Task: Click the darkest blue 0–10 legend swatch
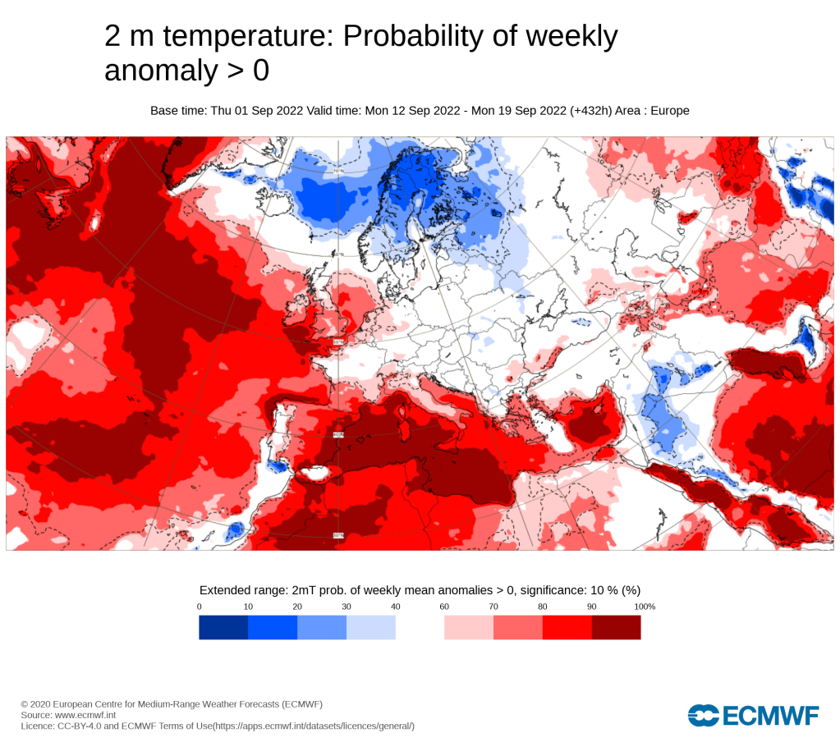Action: tap(223, 627)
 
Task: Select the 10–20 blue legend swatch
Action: tap(273, 627)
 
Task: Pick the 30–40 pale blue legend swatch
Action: tap(371, 627)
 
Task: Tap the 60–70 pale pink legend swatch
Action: tap(469, 627)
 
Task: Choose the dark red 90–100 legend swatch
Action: tap(616, 627)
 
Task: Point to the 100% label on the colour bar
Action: tap(645, 607)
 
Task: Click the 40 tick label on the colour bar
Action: tap(396, 607)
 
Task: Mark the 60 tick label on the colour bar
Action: tap(444, 607)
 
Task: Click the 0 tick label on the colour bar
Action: tap(200, 607)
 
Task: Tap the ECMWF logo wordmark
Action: tap(754, 715)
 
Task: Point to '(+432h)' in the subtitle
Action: tap(594, 111)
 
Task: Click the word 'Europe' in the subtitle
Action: tap(670, 111)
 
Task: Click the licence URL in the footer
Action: tap(314, 726)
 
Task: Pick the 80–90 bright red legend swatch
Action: tap(567, 627)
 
